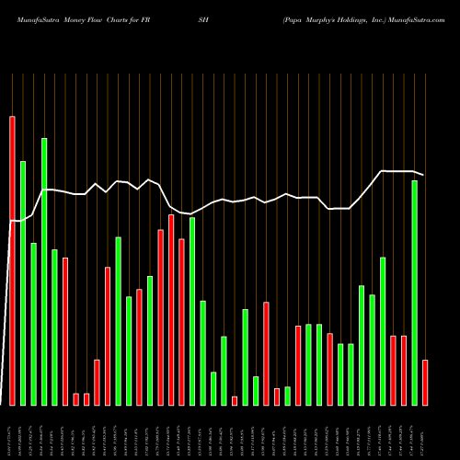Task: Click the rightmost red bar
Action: click(425, 382)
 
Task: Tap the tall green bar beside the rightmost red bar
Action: click(414, 293)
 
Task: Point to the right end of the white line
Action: click(424, 175)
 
